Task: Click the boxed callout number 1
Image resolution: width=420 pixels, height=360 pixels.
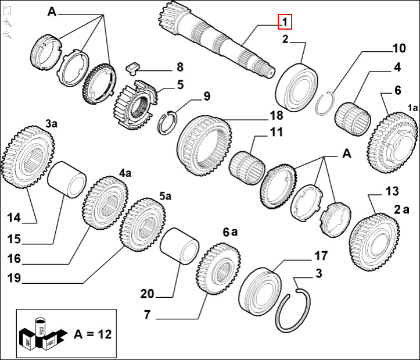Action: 284,22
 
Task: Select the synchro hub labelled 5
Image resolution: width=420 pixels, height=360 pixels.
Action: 135,102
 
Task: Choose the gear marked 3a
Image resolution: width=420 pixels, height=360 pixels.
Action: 27,158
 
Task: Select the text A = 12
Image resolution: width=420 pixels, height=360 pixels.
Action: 92,334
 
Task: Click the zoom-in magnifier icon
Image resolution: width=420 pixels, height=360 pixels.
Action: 7,22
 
